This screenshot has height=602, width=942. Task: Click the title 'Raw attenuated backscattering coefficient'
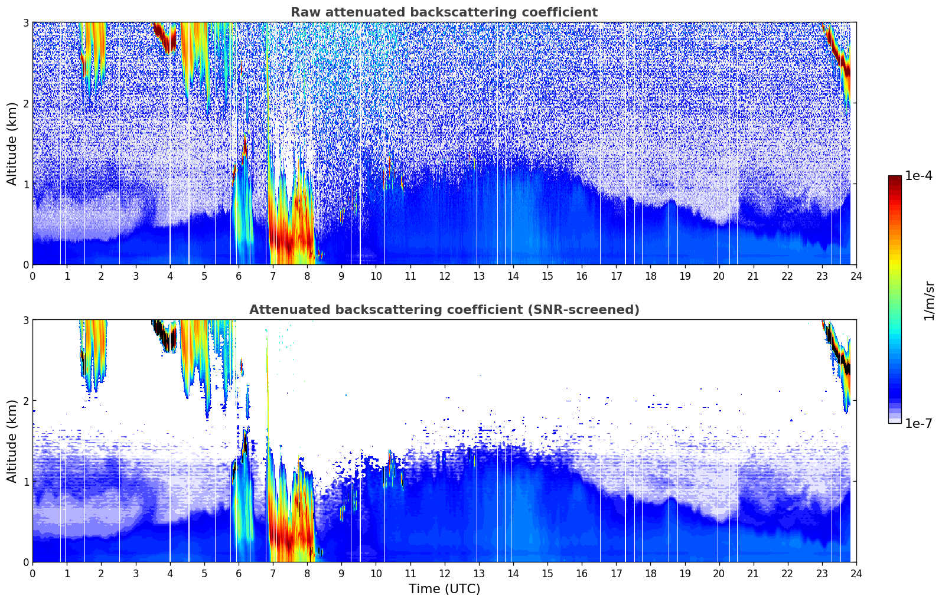coord(444,12)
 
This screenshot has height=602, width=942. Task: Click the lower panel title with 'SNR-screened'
coord(444,310)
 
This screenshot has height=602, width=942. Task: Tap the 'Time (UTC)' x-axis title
coord(444,588)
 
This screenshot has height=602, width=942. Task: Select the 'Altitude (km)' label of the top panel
coord(12,143)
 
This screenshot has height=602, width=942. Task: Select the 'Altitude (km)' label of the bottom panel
coord(12,441)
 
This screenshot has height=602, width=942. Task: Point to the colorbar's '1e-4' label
coord(918,176)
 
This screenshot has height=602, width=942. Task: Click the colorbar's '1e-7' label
coord(918,423)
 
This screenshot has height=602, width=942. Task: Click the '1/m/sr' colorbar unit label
coord(929,300)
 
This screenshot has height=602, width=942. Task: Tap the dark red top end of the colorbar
coord(895,178)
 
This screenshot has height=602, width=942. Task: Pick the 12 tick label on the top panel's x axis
coord(444,276)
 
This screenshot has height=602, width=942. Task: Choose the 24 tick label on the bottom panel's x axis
coord(856,573)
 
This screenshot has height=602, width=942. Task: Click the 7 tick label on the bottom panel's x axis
coord(273,573)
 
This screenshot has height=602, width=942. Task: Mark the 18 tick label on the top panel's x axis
coord(650,276)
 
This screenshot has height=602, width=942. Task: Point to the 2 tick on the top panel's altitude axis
coord(25,103)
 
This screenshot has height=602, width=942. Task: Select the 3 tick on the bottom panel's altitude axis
coord(25,320)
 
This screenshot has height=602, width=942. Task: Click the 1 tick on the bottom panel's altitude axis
coord(25,482)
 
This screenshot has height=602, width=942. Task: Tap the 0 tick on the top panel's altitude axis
coord(25,265)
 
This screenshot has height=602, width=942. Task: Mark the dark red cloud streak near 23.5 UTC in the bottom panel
coord(839,354)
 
